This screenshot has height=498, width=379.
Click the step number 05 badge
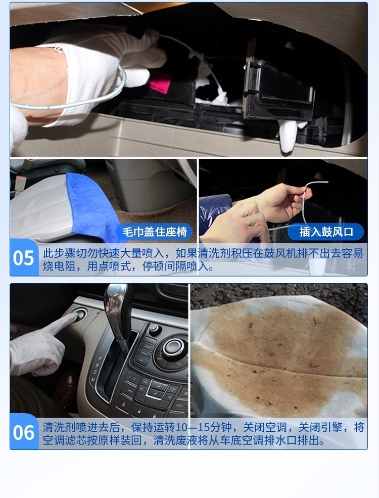24,258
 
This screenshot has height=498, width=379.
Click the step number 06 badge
24,432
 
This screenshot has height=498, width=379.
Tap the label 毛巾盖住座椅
155,232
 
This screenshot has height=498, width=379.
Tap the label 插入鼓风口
326,232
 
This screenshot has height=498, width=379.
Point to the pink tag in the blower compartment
159,82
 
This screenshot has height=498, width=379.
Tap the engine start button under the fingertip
80,314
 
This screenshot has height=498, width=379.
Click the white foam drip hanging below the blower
288,137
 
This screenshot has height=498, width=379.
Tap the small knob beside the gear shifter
154,329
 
